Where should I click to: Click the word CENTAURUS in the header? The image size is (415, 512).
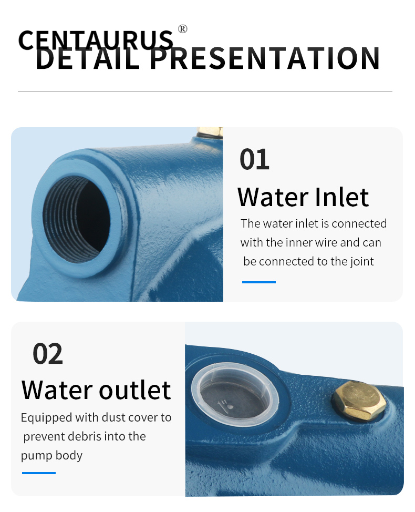96,40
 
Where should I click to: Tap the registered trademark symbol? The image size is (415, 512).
183,29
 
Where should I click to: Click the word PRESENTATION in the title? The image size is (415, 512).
265,58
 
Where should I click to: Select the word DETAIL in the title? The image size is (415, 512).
87,58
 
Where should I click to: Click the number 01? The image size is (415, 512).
254,159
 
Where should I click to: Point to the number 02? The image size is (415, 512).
48,354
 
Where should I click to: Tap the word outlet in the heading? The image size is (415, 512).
135,390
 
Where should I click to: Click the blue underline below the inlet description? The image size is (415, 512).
259,282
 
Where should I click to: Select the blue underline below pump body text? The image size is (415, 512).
39,473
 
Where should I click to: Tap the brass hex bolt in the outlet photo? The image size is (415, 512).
359,401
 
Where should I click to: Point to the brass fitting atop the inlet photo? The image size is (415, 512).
210,132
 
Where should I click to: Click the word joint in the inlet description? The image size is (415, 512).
362,262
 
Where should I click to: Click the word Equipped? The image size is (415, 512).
46,418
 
